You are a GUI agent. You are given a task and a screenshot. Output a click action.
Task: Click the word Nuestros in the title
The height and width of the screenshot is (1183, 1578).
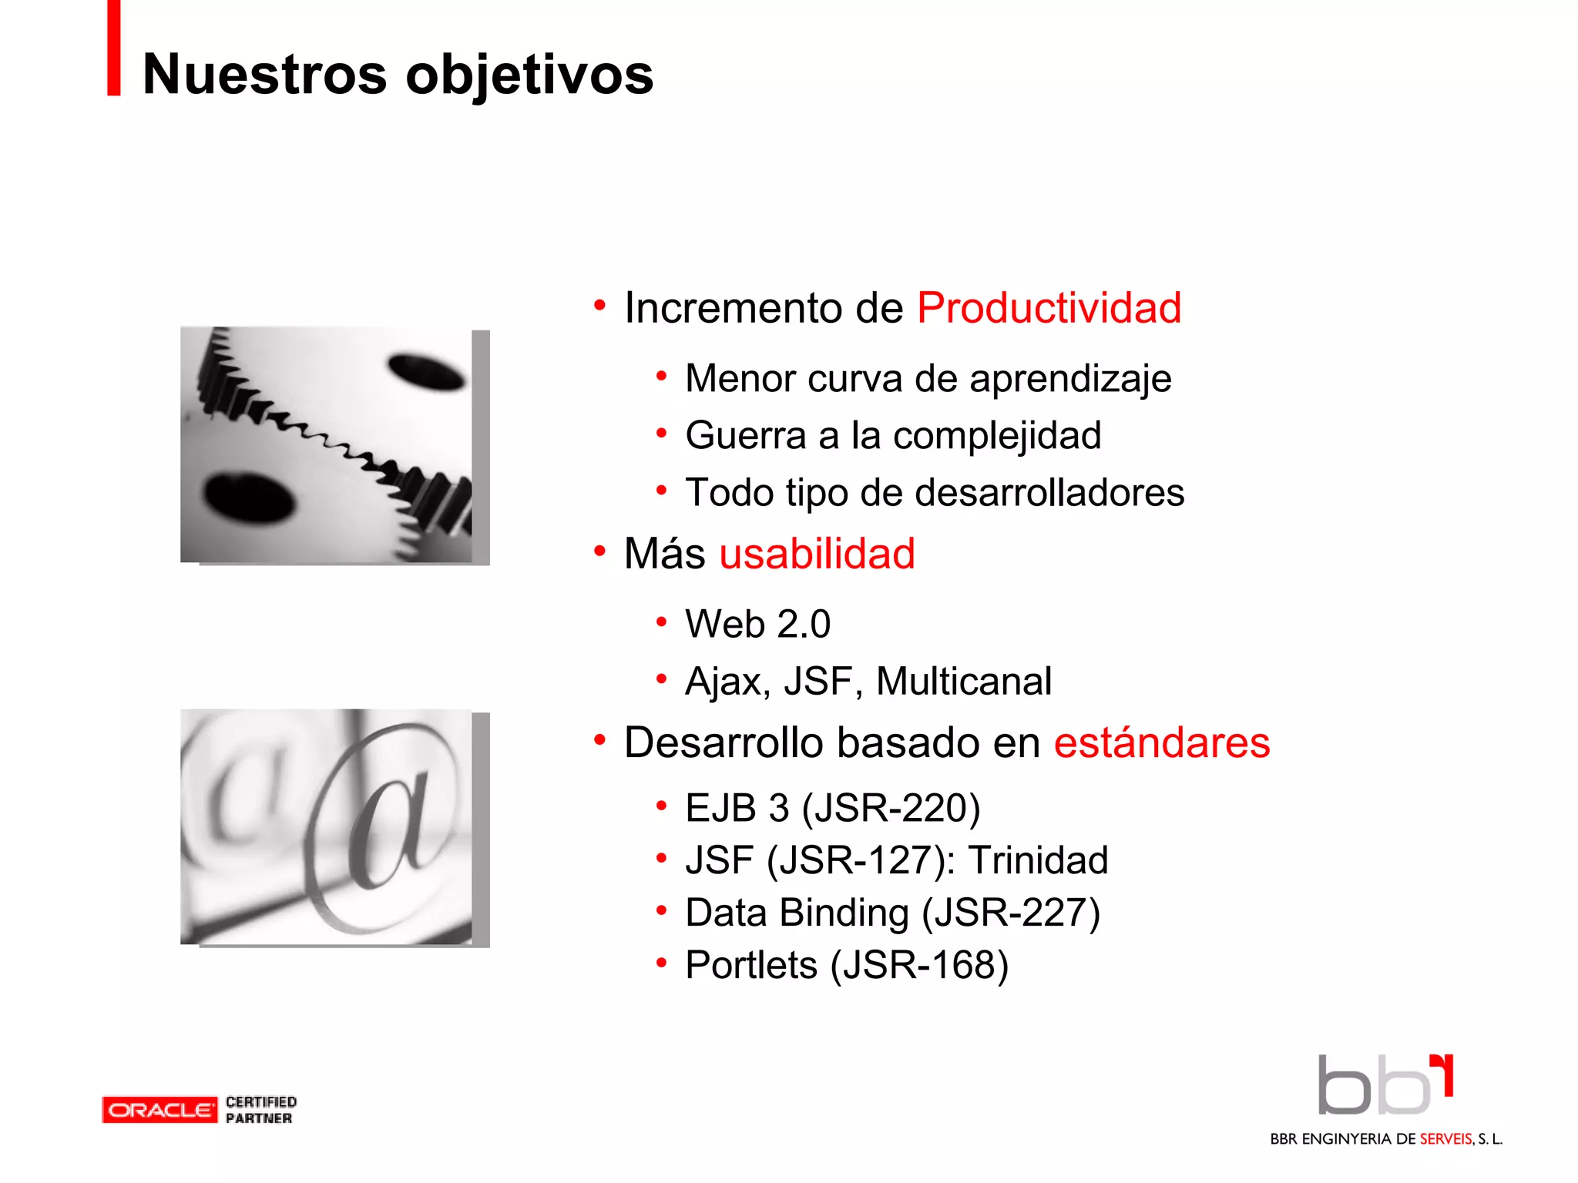(x=265, y=75)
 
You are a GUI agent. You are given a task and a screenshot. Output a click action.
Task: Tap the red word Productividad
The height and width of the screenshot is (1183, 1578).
(x=1049, y=308)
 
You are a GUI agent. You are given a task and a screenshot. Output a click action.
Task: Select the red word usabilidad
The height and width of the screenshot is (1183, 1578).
(x=817, y=554)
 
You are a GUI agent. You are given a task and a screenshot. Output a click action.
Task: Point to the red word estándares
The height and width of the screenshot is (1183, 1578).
(x=1161, y=742)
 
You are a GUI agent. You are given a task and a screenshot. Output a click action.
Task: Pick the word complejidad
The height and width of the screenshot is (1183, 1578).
(x=997, y=436)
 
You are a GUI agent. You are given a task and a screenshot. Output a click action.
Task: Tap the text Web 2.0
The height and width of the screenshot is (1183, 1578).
(x=758, y=624)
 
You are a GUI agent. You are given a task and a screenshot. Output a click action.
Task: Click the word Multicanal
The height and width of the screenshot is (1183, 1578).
(x=963, y=682)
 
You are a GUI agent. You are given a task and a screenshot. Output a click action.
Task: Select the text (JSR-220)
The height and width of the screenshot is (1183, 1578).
(x=891, y=809)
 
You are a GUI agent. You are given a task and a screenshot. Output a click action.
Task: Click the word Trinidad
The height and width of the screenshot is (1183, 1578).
(x=1038, y=860)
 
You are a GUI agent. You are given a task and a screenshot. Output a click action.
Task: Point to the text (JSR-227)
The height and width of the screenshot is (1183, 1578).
(x=1011, y=913)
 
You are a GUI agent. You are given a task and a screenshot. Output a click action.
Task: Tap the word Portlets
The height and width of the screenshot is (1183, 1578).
(x=751, y=965)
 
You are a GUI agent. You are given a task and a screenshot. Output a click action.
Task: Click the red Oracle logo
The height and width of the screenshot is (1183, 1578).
(x=159, y=1110)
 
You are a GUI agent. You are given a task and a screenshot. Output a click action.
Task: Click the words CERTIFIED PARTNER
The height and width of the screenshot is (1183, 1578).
(x=260, y=1110)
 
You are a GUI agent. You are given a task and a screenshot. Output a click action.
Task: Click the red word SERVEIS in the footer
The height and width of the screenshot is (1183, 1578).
(x=1445, y=1139)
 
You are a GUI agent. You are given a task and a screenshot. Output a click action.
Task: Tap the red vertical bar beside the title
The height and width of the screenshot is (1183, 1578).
(x=113, y=48)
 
